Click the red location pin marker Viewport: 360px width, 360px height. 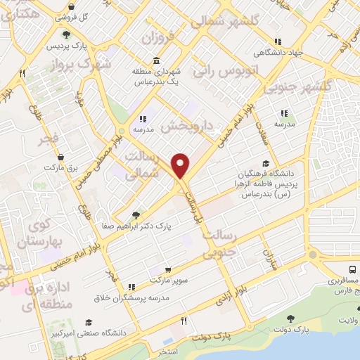pyautogui.click(x=181, y=166)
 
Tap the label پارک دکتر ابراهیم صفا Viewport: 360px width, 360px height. pyautogui.click(x=162, y=226)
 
